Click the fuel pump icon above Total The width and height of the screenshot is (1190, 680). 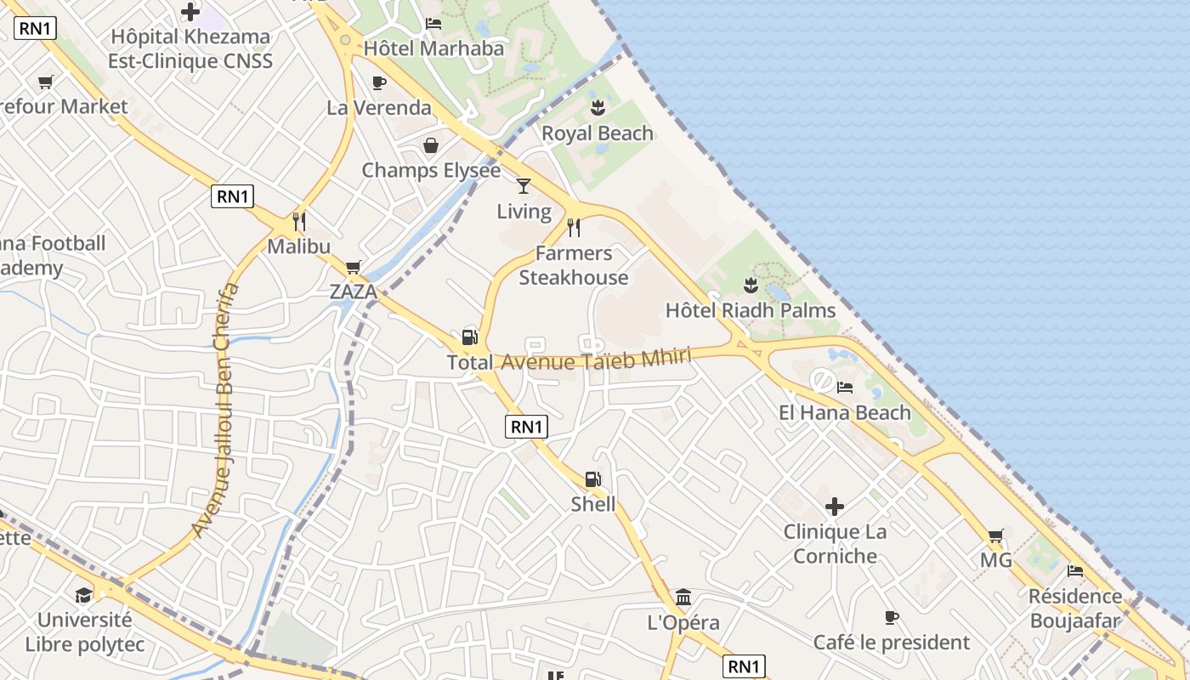tap(469, 337)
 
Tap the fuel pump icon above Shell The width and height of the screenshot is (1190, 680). tap(593, 480)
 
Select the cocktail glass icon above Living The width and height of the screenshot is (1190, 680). tap(524, 185)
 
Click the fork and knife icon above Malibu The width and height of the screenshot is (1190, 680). tap(298, 221)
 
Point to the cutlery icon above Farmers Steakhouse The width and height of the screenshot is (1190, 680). tap(574, 227)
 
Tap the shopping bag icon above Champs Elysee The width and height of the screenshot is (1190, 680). tap(431, 145)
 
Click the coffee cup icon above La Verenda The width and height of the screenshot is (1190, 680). tap(379, 82)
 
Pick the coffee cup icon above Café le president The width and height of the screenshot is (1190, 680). tap(891, 617)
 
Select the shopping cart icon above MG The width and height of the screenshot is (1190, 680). tap(995, 535)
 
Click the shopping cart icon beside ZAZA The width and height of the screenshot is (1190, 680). tap(354, 267)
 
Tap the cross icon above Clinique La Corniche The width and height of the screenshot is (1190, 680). tap(835, 507)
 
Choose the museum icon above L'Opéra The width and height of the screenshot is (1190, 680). tap(683, 597)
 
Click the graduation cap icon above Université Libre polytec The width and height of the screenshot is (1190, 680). tap(83, 595)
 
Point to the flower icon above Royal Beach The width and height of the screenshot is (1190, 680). tap(598, 108)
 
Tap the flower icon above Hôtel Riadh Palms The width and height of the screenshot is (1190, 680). tap(751, 285)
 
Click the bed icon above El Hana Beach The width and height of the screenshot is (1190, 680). tap(845, 388)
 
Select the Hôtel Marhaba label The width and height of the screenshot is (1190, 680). tap(433, 48)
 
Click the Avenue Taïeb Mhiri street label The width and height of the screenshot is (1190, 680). tap(596, 360)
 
